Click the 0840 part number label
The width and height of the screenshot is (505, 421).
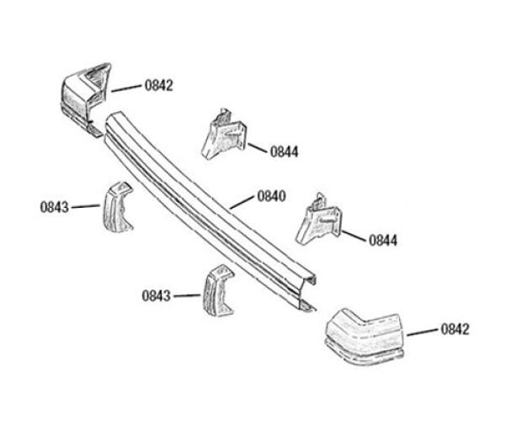tap(271, 196)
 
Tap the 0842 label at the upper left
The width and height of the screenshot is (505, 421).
tap(159, 85)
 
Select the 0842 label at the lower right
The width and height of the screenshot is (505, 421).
tap(455, 329)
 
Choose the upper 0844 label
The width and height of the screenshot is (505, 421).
tap(284, 152)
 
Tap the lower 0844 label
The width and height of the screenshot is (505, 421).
tap(383, 241)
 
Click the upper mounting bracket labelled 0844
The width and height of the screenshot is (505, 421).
tap(224, 134)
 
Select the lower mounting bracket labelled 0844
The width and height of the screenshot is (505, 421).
tap(318, 219)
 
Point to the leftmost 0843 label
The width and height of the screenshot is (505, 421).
tap(55, 207)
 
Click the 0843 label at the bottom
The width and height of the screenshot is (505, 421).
tap(157, 296)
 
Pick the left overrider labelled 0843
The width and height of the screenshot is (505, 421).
tap(118, 207)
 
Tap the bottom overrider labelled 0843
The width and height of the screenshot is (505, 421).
tap(218, 290)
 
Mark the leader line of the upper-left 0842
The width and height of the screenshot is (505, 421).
tap(126, 88)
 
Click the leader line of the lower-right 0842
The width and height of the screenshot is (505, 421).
tap(423, 333)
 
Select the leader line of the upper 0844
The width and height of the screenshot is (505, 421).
tap(258, 148)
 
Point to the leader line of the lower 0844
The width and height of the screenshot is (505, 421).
tap(354, 236)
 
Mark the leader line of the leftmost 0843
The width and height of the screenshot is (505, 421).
tap(86, 206)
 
